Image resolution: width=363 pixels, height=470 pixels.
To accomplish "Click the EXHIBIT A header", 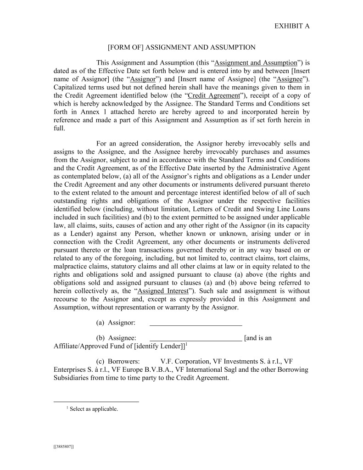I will coord(292,26).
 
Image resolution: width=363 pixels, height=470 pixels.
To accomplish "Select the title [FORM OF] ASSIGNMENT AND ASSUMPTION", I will coord(181,47).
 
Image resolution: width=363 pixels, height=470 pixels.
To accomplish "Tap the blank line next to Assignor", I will coord(196,323).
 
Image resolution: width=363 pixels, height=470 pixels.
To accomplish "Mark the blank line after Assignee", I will coord(196,339).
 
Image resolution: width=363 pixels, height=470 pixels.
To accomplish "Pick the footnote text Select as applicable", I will coord(94,409).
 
